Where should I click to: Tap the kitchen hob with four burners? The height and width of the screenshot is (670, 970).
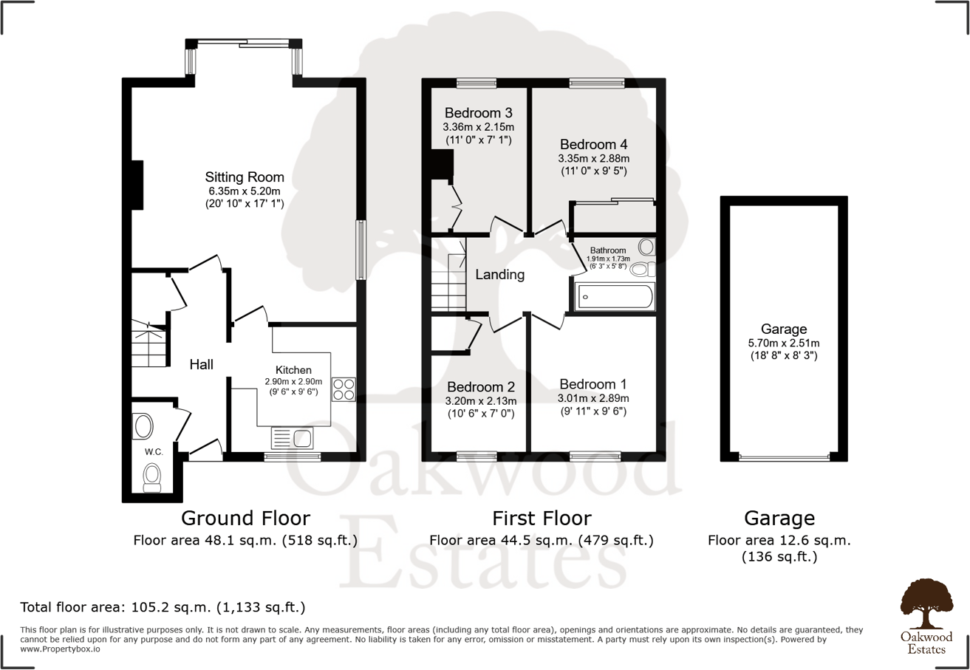click(344, 389)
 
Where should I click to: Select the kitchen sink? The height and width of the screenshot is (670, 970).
click(293, 438)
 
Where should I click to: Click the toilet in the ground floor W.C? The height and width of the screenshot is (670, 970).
click(152, 476)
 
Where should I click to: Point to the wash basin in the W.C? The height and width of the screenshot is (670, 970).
click(143, 426)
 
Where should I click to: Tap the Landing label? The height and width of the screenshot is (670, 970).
click(499, 275)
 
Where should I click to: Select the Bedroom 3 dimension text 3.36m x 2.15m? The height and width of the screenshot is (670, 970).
click(478, 127)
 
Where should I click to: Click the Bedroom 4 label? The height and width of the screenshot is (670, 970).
click(594, 144)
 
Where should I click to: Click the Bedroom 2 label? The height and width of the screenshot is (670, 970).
click(481, 387)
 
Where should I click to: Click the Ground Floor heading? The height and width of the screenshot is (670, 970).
click(245, 518)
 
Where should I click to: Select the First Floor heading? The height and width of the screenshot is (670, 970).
click(542, 518)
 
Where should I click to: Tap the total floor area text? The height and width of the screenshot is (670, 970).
click(163, 608)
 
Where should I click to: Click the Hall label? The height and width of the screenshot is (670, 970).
click(202, 364)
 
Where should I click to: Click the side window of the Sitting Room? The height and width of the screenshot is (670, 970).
click(361, 250)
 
